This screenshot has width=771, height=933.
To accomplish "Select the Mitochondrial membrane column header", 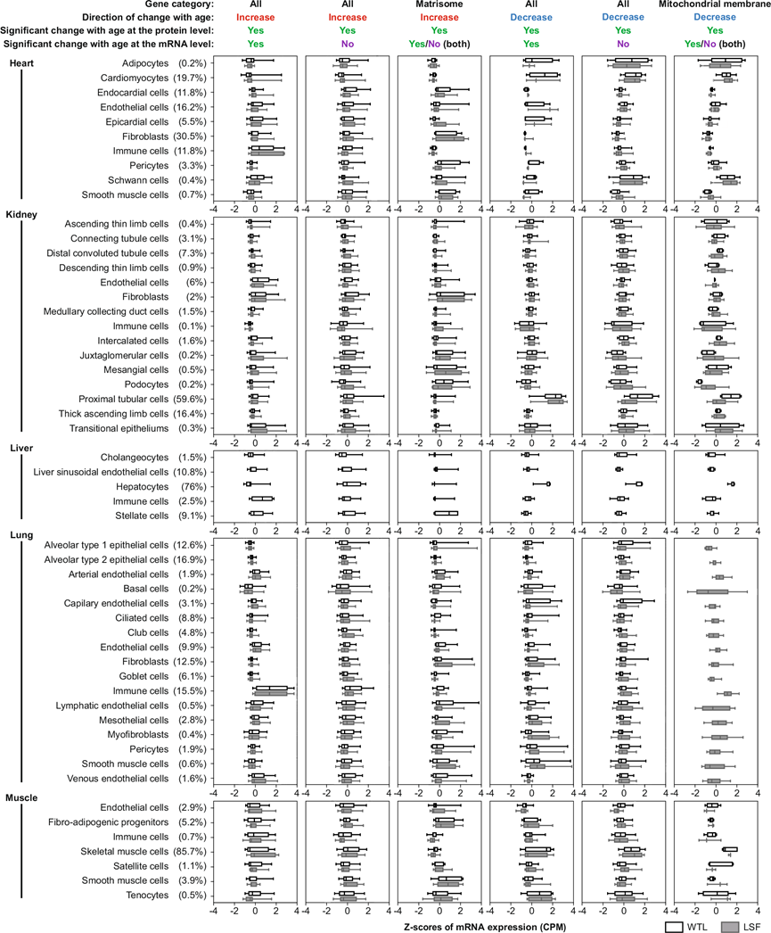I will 718,5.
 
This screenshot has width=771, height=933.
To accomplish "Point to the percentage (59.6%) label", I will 192,397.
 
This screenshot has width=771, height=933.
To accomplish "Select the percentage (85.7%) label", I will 192,852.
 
